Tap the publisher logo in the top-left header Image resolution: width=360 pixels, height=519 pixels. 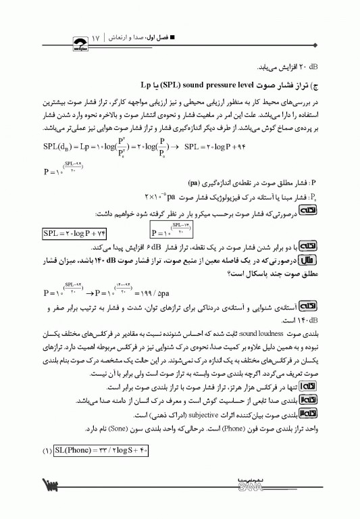coord(70,41)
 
